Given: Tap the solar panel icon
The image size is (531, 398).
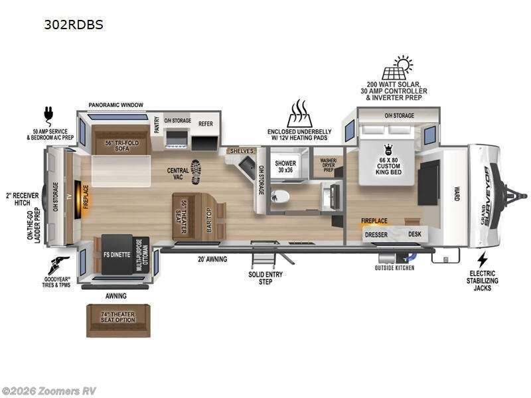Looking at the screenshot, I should [396, 68].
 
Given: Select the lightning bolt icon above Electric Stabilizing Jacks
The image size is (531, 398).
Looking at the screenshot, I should [483, 259].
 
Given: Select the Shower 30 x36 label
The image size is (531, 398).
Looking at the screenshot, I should [285, 166].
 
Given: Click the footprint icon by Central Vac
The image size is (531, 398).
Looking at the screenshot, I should [195, 172].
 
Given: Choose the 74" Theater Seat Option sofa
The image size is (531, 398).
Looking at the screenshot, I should [117, 317].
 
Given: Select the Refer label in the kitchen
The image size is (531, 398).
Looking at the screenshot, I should [205, 123].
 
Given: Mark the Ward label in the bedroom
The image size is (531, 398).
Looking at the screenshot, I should [457, 194].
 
